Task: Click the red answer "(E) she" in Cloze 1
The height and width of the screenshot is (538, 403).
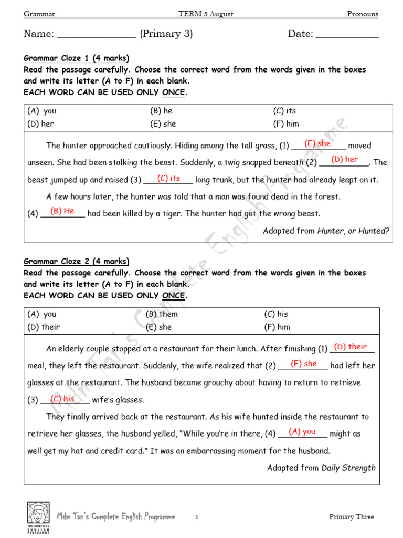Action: pos(317,143)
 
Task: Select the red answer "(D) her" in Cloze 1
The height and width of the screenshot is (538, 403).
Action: pos(344,159)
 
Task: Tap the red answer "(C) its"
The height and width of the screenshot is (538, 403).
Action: pos(168,179)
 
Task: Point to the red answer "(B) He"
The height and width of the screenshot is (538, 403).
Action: pos(62,211)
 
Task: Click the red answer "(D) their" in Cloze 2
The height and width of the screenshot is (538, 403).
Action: pos(351,347)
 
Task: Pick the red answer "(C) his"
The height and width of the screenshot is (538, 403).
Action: pos(62,399)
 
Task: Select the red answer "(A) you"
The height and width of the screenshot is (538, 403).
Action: pos(302,431)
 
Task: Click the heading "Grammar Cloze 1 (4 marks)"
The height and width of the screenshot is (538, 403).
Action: pos(76,58)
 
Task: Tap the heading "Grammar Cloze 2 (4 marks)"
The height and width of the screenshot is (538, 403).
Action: pos(76,262)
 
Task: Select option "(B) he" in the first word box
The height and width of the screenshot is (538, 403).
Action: pos(161,111)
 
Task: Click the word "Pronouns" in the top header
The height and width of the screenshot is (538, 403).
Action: pos(362,14)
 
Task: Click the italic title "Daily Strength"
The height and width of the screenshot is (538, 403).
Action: pos(348,467)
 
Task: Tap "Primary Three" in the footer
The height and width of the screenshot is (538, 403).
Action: pos(352,517)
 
